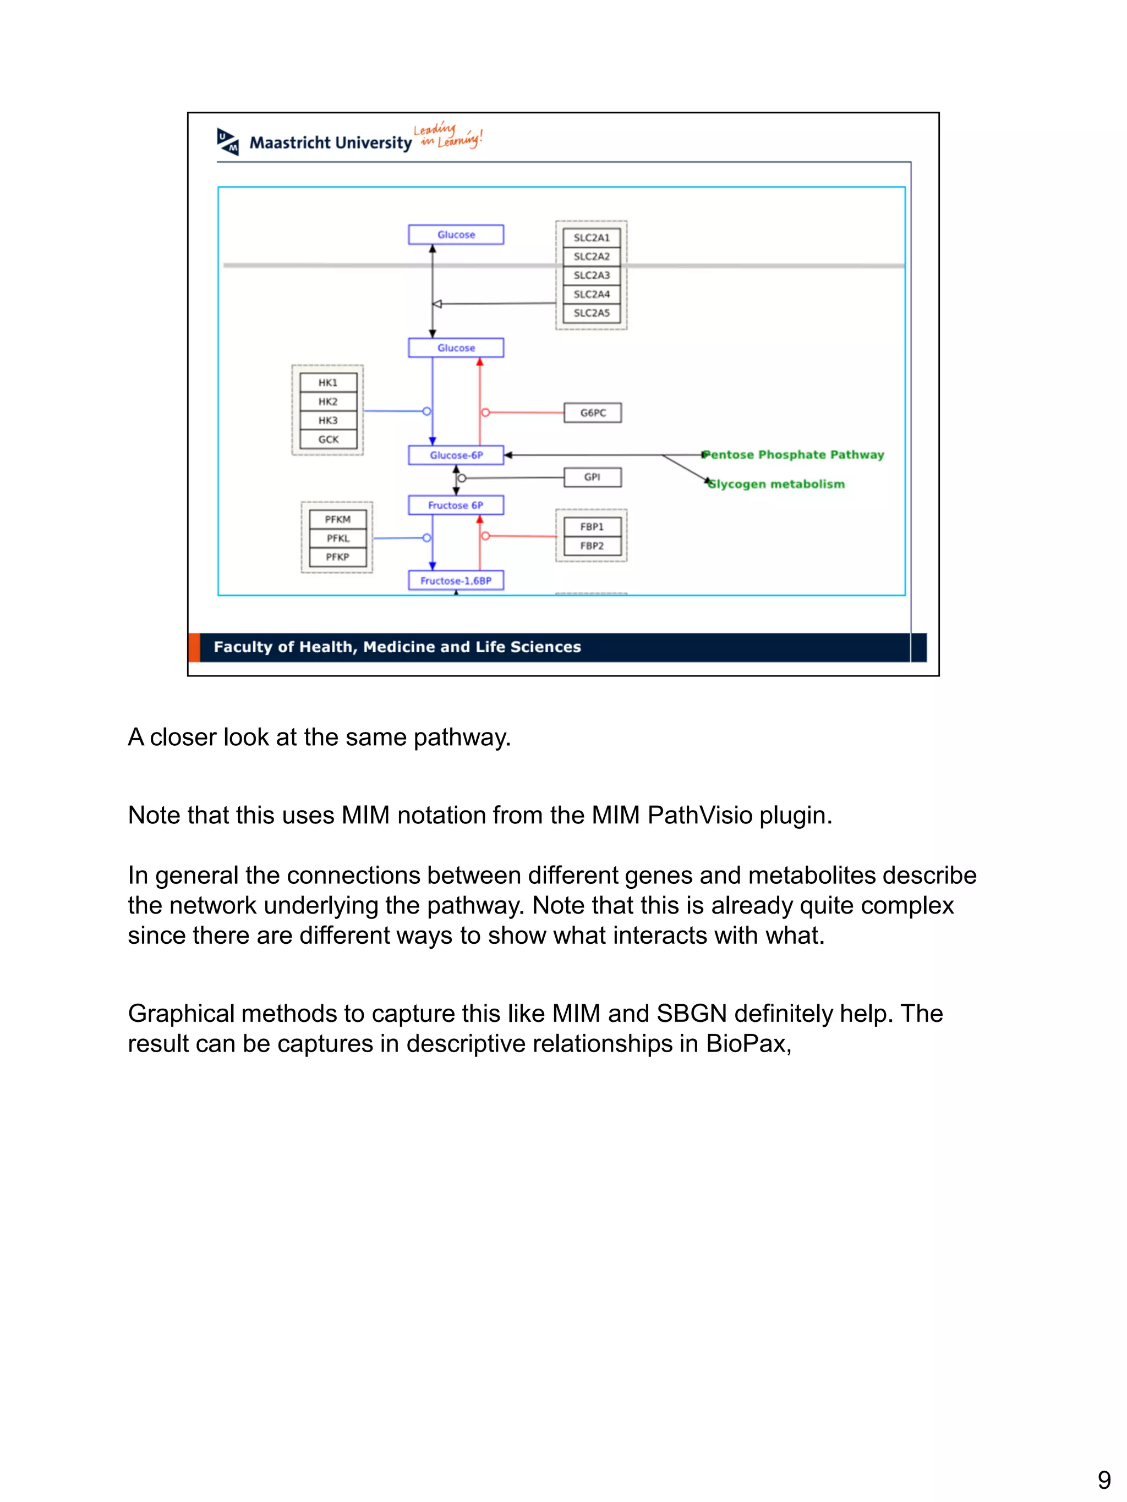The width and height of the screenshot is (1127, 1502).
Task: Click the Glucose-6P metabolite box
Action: (456, 455)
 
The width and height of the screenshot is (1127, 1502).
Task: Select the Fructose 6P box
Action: (456, 505)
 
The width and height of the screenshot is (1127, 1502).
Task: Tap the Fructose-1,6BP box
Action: (456, 581)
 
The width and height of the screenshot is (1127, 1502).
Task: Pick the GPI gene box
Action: (592, 477)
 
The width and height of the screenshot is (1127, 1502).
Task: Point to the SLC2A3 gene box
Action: (592, 275)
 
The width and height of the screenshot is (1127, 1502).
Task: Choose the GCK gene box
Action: (328, 439)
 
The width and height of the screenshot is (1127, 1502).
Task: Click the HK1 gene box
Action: (328, 383)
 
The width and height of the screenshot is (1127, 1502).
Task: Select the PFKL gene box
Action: (338, 538)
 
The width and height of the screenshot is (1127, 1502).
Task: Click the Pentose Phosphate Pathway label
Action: (794, 455)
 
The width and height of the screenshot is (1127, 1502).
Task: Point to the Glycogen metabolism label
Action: (776, 484)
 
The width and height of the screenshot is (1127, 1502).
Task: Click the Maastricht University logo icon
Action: (228, 141)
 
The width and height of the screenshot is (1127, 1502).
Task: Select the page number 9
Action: (1104, 1479)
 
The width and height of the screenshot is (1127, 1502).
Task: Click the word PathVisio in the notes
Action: (700, 815)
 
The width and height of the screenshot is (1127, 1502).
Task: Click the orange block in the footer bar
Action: (194, 647)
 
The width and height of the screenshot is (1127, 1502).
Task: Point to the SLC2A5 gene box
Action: (592, 313)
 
